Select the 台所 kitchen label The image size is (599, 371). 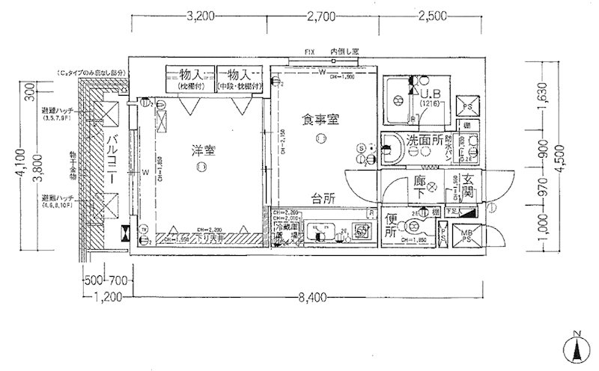[323, 199]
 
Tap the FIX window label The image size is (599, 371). [309, 52]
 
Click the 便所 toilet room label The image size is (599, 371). [390, 226]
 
